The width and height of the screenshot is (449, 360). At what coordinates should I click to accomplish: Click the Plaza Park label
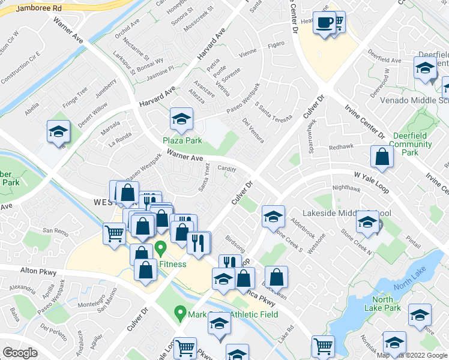point(182,140)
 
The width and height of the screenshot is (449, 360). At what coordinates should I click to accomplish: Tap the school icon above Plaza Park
point(181,119)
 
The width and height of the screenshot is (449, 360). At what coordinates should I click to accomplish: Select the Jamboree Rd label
point(40,9)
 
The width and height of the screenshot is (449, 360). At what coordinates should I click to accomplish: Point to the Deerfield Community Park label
point(411,144)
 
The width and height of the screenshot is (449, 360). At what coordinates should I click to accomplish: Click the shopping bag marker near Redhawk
point(382,158)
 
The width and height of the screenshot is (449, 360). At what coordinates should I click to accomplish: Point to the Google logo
point(20,353)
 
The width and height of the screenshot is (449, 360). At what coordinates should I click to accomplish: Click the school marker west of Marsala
point(58,131)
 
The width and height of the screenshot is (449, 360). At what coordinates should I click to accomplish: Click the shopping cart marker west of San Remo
point(114,233)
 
